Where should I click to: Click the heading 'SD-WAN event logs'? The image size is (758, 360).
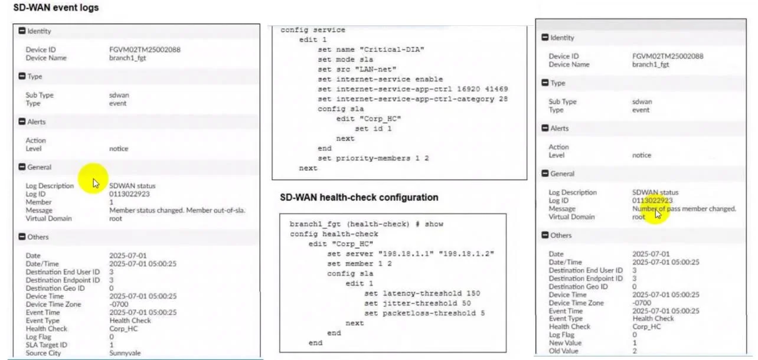56,8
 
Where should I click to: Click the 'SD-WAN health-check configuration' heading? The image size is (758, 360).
359,197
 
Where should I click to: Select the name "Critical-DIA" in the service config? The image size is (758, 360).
392,50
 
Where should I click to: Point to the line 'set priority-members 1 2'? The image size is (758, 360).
373,158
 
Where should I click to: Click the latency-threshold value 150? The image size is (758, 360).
473,293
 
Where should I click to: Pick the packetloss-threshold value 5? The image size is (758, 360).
482,313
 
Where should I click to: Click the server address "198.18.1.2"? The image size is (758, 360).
466,254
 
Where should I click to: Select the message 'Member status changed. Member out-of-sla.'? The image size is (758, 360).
177,210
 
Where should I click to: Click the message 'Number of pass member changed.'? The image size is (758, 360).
684,209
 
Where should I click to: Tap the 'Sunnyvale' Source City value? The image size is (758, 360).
125,353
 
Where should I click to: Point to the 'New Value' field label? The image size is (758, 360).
565,343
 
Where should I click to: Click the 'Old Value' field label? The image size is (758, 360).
563,351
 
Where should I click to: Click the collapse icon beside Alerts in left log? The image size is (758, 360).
22,122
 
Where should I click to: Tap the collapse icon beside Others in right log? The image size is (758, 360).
545,235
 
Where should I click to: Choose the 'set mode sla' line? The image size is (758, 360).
345,60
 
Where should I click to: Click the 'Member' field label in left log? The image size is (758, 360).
38,202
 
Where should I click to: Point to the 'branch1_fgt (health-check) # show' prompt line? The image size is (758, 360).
367,224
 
